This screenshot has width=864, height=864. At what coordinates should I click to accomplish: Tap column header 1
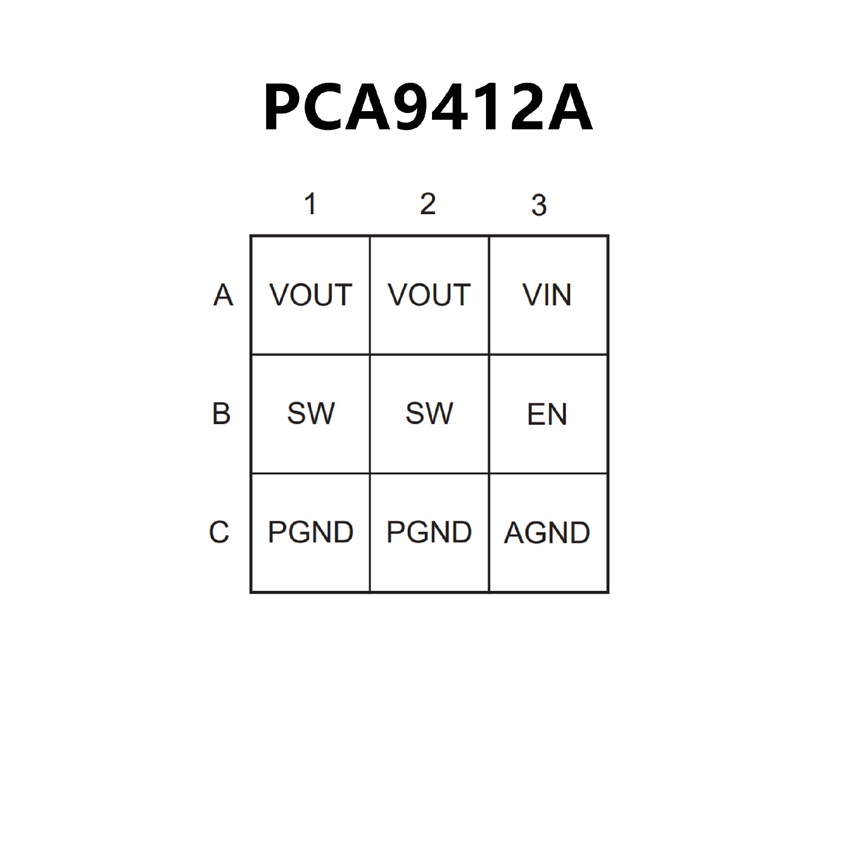click(310, 204)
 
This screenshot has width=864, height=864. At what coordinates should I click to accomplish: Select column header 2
click(427, 204)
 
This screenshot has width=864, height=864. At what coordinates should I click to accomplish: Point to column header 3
click(539, 205)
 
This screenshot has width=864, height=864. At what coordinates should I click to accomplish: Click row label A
click(223, 295)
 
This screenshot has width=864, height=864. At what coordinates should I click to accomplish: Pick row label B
click(221, 414)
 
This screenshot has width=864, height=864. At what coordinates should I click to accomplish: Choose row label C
click(219, 532)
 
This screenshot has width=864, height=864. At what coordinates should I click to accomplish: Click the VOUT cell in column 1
click(310, 295)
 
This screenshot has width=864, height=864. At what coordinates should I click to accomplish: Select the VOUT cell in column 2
click(429, 295)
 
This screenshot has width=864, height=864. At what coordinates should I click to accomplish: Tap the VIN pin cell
click(547, 295)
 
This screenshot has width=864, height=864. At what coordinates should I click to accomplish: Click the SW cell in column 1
click(310, 414)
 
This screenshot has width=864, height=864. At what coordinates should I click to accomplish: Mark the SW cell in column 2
click(429, 414)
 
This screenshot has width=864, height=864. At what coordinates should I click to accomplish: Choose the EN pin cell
click(547, 414)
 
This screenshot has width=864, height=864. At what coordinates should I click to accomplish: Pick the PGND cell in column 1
click(310, 532)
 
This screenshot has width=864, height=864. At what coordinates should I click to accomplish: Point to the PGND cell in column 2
click(429, 532)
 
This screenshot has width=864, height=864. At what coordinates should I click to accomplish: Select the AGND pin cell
click(547, 533)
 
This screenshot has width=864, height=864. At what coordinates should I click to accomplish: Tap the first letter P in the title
click(283, 108)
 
